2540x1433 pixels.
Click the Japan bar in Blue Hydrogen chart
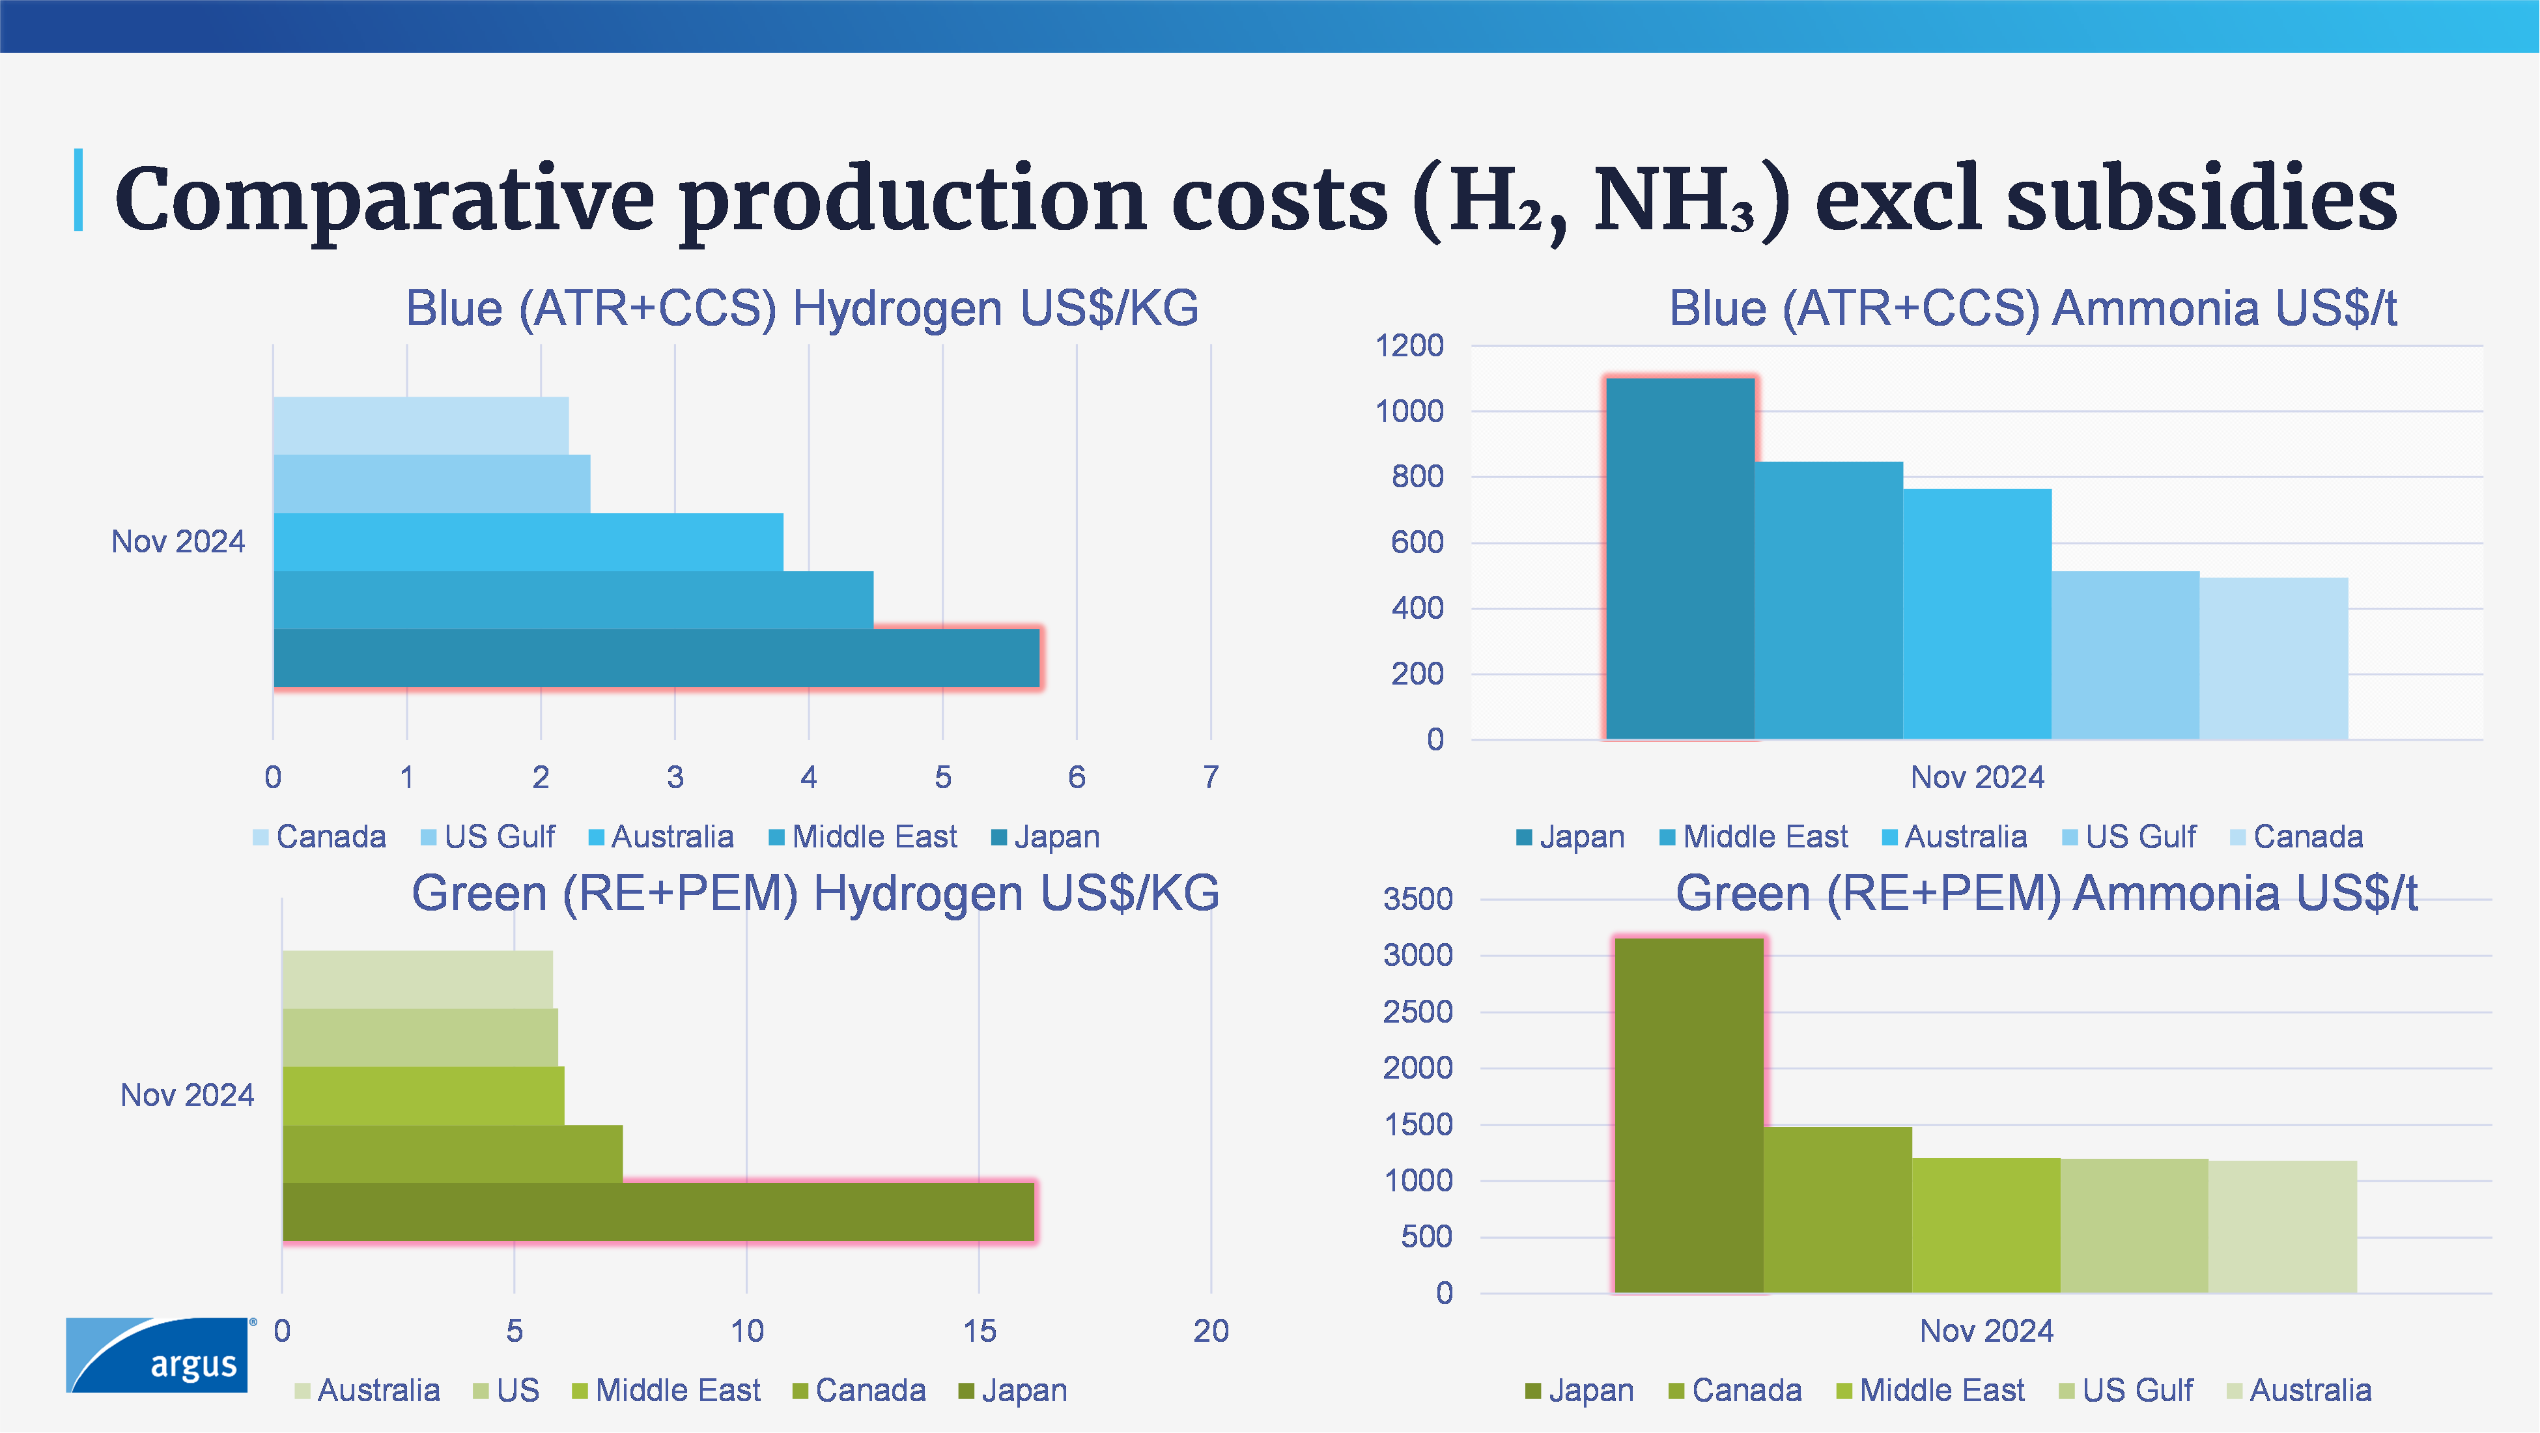pos(656,658)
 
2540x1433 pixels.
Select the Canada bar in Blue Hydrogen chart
pos(420,425)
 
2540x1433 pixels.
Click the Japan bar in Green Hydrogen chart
pos(658,1211)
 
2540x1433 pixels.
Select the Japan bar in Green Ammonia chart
pos(1689,1114)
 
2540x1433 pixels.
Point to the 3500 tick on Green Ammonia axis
pos(1417,900)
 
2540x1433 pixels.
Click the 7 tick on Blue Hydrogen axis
pos(1211,777)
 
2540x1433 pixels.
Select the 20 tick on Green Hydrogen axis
pos(1211,1331)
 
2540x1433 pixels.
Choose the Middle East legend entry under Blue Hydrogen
pos(863,837)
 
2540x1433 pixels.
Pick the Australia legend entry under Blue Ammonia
pos(1954,837)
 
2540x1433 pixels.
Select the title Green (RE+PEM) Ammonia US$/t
pos(2046,894)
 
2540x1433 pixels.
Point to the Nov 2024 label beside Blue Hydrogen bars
pos(178,541)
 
